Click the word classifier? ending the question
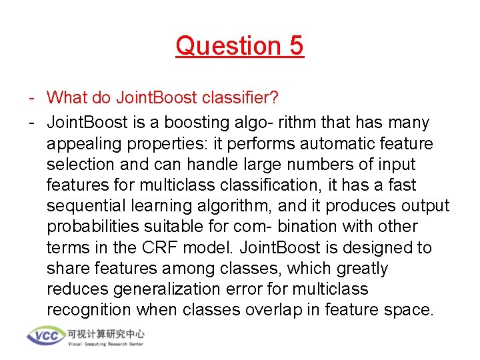(237, 98)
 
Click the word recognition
(89, 310)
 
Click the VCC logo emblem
(46, 336)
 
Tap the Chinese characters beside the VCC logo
(105, 333)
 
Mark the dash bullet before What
(31, 98)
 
